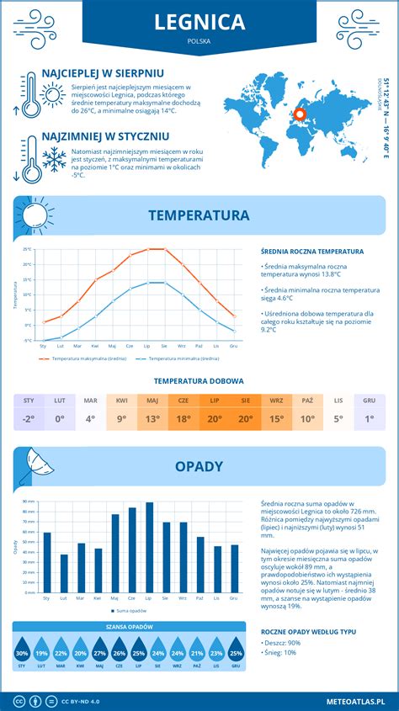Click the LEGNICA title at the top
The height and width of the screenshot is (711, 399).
[x=199, y=21]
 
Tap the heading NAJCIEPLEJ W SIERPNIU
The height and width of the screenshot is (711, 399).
[x=103, y=73]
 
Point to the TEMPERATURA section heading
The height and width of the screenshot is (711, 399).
[x=199, y=215]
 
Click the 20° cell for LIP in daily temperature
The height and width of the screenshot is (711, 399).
[x=214, y=419]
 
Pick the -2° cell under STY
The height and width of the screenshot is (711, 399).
[x=29, y=419]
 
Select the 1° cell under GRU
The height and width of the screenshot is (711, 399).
[x=369, y=419]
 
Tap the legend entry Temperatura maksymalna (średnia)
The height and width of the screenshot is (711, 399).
[x=83, y=358]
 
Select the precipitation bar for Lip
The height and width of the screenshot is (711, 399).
[x=149, y=547]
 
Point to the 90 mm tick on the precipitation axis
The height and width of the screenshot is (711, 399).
[x=29, y=501]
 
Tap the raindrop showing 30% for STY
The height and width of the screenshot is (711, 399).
[x=23, y=653]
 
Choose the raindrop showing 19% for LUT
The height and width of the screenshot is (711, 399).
[x=42, y=653]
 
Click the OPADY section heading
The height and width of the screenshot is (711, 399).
[x=199, y=466]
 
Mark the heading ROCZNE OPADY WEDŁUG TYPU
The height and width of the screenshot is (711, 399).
[x=308, y=630]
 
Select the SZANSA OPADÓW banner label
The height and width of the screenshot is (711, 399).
[x=129, y=627]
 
